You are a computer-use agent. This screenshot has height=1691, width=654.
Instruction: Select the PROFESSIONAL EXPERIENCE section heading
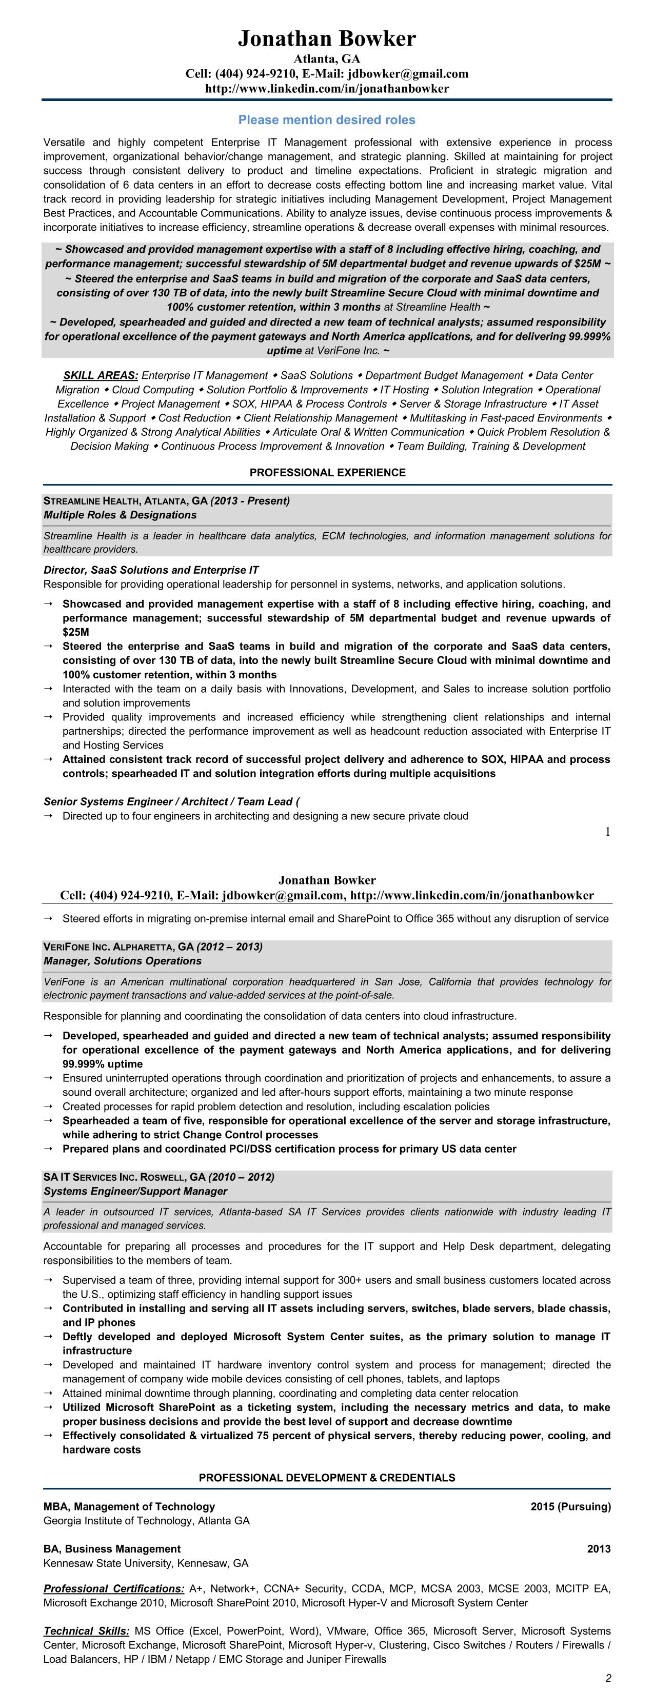click(327, 473)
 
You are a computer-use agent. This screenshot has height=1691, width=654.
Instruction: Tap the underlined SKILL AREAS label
click(101, 375)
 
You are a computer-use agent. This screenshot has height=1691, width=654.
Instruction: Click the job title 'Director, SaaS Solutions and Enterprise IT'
click(151, 570)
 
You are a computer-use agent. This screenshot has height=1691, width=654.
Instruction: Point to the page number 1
click(607, 832)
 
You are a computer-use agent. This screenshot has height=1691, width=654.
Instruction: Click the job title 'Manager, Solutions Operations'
click(122, 961)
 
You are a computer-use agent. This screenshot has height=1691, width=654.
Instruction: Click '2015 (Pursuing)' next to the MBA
click(570, 1506)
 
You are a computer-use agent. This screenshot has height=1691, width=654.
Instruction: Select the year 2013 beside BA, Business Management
click(598, 1549)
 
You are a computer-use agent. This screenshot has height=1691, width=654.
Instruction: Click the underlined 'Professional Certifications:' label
click(113, 1588)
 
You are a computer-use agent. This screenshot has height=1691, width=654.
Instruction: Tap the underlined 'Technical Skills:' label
click(87, 1631)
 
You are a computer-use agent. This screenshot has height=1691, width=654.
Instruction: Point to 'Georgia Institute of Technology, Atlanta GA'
click(146, 1521)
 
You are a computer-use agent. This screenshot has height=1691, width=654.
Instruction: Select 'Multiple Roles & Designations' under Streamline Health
click(120, 515)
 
